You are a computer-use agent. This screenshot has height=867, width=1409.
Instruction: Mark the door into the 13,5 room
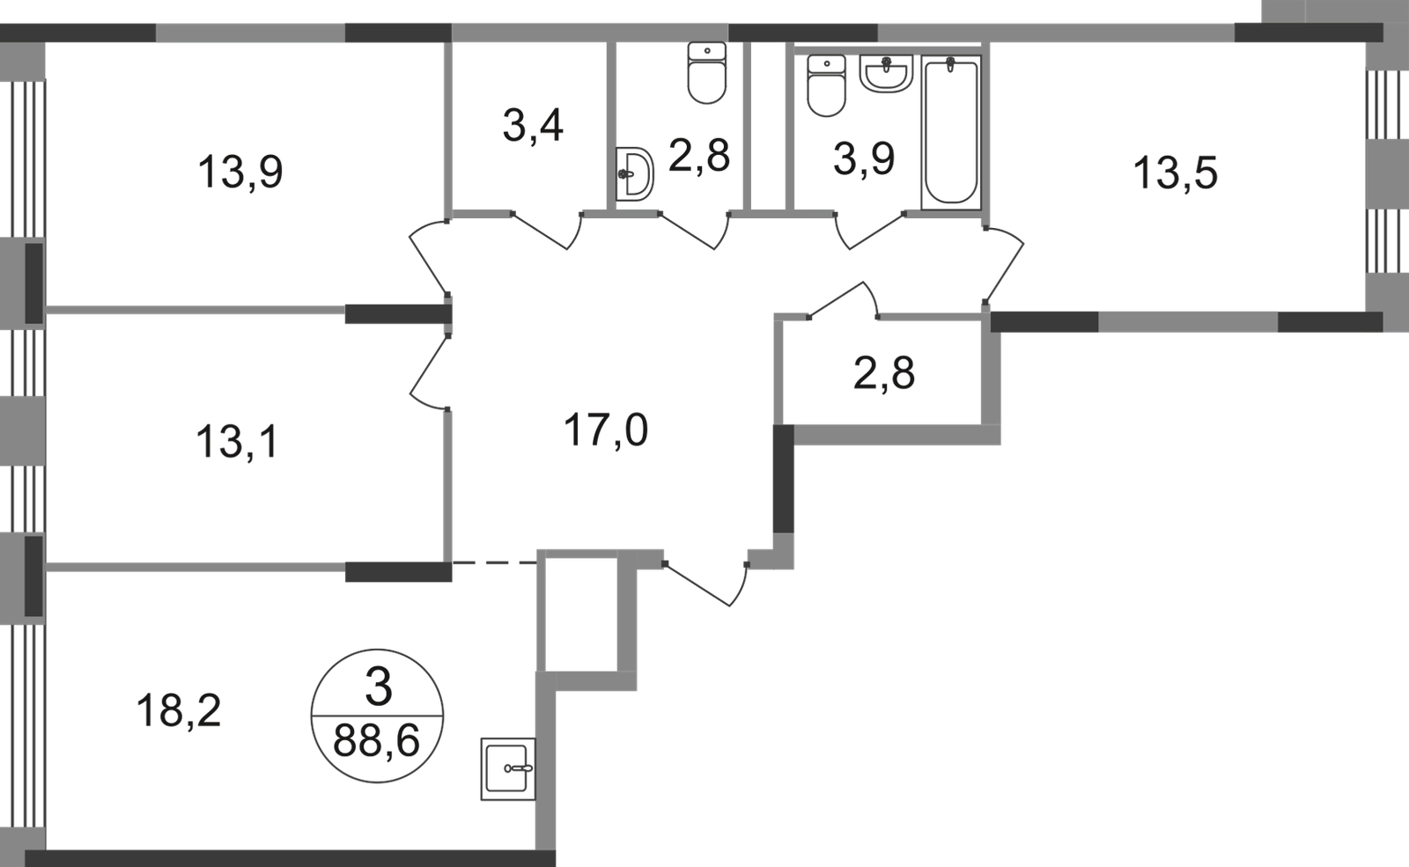(1004, 260)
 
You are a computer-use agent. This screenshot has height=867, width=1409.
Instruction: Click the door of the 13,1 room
(429, 370)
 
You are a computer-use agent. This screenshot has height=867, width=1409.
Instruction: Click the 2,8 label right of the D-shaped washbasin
(700, 161)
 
